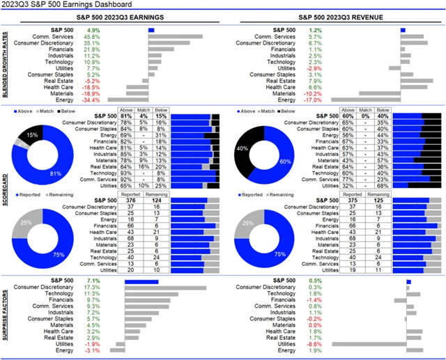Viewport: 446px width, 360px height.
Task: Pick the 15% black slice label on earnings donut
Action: (31, 134)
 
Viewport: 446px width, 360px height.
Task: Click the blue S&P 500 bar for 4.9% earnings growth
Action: (151, 31)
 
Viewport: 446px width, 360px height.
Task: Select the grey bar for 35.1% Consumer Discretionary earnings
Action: (169, 43)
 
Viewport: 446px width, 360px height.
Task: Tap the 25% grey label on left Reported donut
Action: (26, 222)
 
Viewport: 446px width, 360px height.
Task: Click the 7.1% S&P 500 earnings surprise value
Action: (93, 281)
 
